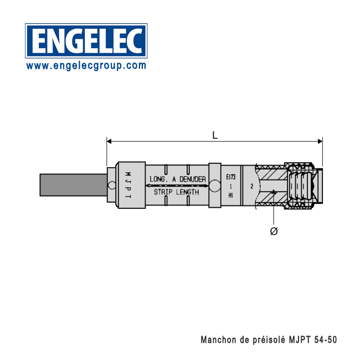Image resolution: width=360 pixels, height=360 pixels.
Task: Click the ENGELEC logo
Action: tap(86, 40)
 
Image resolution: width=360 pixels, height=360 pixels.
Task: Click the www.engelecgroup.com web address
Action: tap(86, 65)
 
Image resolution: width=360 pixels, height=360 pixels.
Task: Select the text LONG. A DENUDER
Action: tap(177, 179)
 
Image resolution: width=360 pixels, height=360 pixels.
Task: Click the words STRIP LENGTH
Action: tap(177, 192)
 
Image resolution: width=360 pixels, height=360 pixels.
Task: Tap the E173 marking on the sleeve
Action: tap(231, 177)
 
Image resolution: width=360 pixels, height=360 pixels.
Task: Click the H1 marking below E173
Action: tap(231, 195)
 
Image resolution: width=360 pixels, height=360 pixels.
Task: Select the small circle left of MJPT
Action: tap(112, 185)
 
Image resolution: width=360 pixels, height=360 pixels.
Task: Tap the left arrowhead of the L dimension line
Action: tap(110, 141)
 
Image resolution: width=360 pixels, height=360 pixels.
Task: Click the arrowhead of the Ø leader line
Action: tap(274, 193)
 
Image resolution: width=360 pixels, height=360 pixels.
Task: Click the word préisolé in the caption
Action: tap(268, 339)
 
